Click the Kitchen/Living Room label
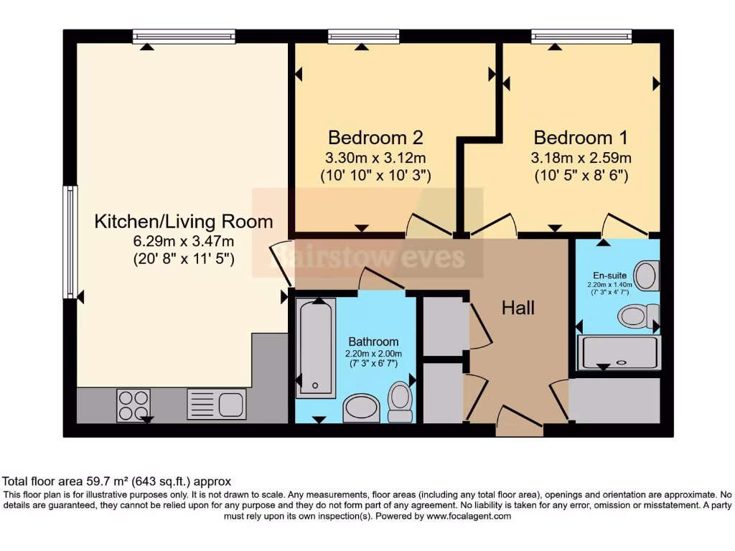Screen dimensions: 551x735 click(184, 222)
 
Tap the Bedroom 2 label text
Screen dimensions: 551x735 click(375, 137)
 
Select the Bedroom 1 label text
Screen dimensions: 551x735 click(581, 137)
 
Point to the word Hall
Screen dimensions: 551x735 click(518, 309)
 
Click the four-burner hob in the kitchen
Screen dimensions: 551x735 click(133, 405)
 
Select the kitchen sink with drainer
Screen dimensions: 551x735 click(217, 403)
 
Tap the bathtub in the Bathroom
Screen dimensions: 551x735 click(316, 348)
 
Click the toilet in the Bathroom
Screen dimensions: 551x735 click(400, 402)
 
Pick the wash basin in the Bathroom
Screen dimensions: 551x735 click(362, 408)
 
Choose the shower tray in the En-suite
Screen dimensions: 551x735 click(618, 352)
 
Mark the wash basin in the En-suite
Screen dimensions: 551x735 click(647, 275)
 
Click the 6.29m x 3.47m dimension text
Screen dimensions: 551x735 click(184, 242)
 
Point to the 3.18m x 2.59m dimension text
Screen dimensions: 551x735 click(581, 158)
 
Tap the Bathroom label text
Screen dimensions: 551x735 click(373, 342)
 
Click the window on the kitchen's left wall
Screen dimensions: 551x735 click(70, 242)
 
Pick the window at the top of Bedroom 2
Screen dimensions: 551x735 click(363, 36)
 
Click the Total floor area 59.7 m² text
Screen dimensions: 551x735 click(117, 481)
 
